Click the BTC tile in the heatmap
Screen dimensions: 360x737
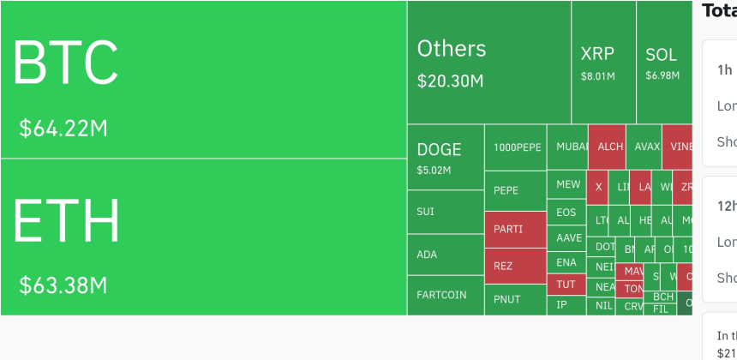pos(203,80)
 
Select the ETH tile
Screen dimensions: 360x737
pos(203,237)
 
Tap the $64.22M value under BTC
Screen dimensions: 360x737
pos(63,129)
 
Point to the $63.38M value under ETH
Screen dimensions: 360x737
pos(63,284)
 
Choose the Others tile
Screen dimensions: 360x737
pos(488,62)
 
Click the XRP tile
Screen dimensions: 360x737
pos(603,62)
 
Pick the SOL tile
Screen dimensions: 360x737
pos(663,62)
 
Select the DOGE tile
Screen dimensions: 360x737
pos(446,157)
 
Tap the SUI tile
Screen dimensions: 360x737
pos(446,212)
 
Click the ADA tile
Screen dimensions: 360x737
pos(446,255)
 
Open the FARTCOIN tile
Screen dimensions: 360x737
pos(446,295)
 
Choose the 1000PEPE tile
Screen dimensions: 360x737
pos(516,147)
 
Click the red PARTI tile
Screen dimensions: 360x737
pos(515,230)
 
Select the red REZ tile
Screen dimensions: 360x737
pos(515,266)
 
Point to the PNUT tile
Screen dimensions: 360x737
pos(515,299)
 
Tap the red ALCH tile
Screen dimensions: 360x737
pos(607,147)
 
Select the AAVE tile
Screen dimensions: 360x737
pos(567,237)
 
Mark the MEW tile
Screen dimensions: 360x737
pos(567,184)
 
